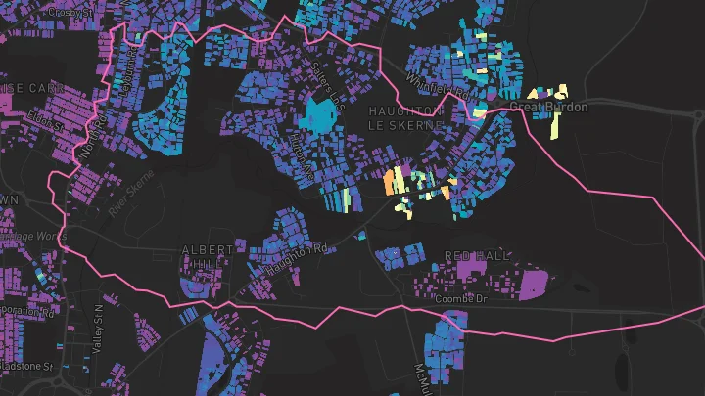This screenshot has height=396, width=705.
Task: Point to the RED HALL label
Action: [478, 255]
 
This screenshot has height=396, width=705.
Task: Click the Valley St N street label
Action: [97, 322]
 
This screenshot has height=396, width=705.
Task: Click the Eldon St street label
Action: [44, 122]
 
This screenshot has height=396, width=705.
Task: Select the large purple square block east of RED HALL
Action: [534, 283]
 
